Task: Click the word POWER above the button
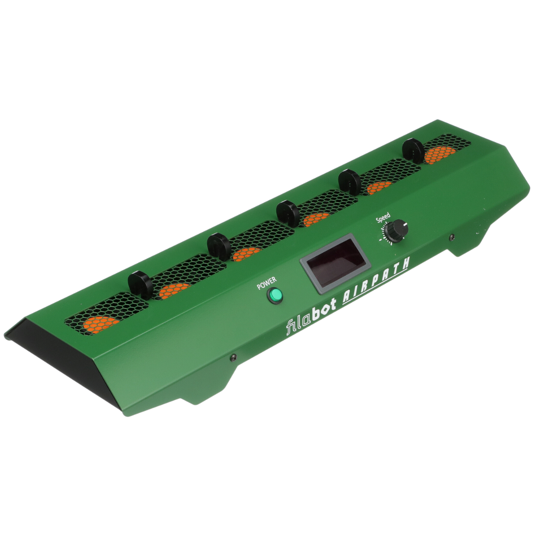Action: (x=267, y=283)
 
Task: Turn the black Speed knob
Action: (x=396, y=230)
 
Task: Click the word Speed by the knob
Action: (x=383, y=218)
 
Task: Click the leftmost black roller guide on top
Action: (x=140, y=285)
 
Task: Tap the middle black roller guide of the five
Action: (x=287, y=214)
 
